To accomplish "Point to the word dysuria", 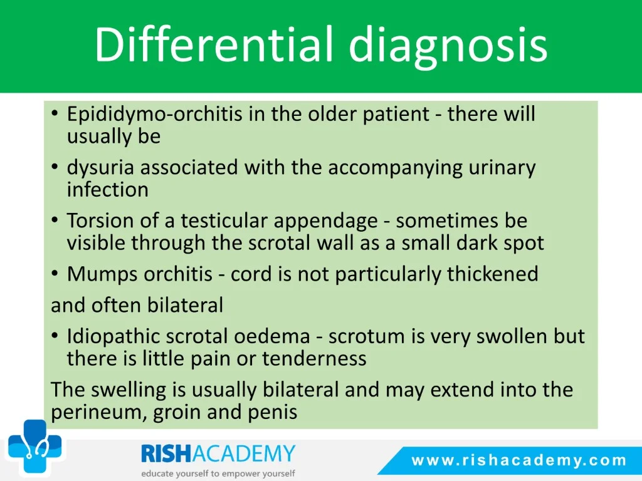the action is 101,168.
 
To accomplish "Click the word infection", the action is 108,189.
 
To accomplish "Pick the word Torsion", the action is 100,220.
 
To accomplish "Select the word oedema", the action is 272,336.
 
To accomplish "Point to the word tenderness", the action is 314,359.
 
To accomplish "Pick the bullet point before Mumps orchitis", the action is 55,274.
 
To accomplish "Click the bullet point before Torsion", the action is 55,220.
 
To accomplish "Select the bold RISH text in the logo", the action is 166,454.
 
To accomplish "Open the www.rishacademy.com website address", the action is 518,460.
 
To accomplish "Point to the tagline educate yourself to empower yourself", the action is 218,473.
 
